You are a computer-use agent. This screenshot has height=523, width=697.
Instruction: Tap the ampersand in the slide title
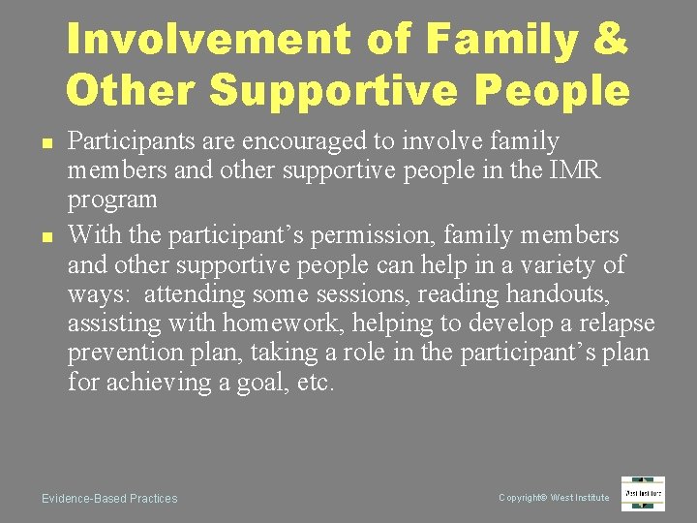tap(610, 41)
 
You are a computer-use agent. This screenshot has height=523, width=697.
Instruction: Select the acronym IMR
tap(575, 170)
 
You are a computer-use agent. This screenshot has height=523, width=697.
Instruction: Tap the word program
tap(112, 200)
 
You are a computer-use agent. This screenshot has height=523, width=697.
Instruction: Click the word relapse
tap(614, 323)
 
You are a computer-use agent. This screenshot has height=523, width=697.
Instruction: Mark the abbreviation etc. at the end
tap(316, 383)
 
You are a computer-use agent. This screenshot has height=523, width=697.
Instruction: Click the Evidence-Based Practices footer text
tap(109, 499)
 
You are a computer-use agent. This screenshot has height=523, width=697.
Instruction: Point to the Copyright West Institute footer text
tap(554, 498)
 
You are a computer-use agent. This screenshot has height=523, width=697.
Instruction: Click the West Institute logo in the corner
tap(643, 493)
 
